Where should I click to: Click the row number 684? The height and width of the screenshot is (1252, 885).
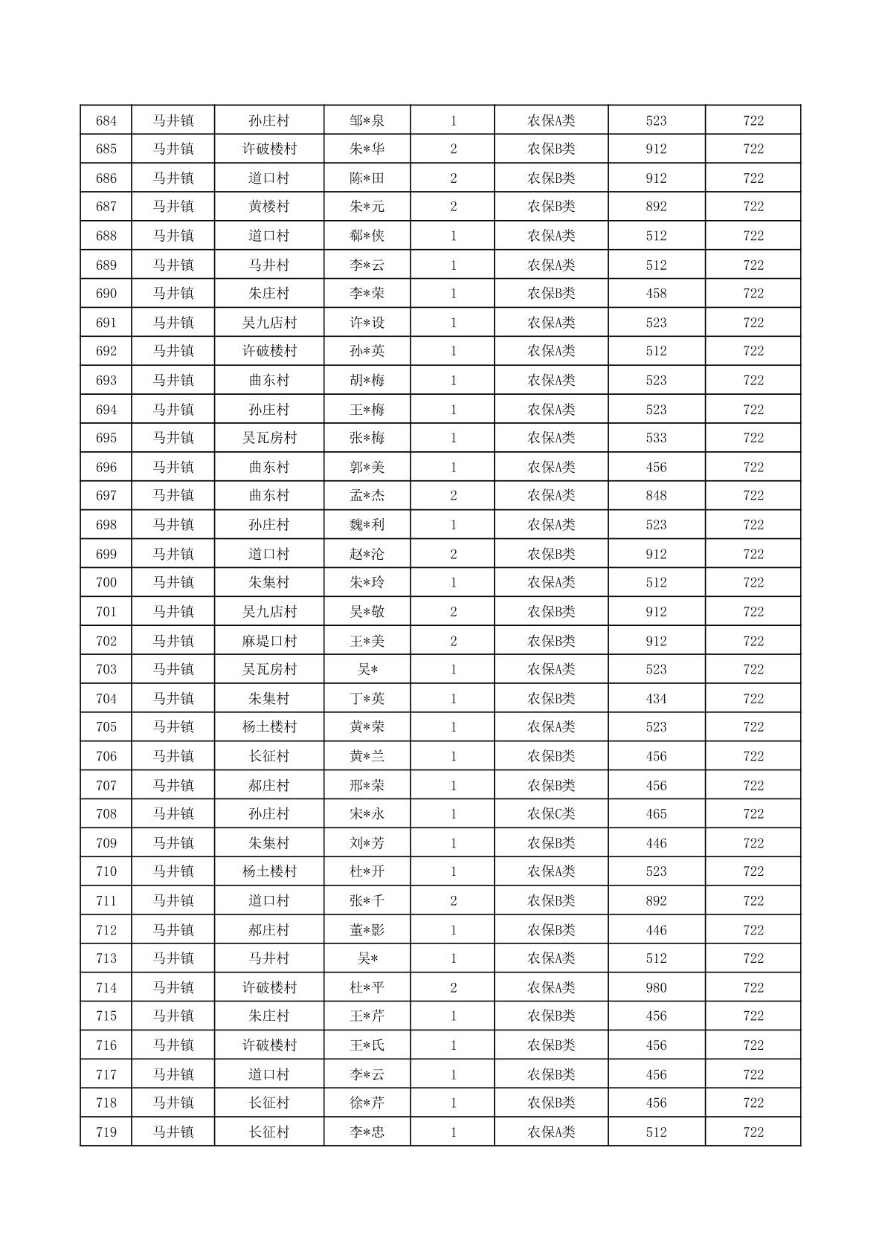[106, 120]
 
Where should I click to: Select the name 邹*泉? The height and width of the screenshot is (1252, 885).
[367, 120]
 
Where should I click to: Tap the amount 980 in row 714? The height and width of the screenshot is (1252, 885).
[656, 987]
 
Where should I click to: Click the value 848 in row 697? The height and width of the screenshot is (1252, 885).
[656, 495]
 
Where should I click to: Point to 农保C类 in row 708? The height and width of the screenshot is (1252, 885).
[551, 813]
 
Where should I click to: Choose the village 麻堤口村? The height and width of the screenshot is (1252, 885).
[269, 641]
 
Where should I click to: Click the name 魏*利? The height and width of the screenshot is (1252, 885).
[367, 524]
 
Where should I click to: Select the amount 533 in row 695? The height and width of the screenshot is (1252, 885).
[656, 438]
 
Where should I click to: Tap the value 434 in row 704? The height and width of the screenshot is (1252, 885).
[656, 698]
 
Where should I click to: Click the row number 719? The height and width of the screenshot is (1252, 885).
[106, 1132]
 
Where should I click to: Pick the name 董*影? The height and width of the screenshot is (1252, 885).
[367, 929]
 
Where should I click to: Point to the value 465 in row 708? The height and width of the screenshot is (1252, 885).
[656, 813]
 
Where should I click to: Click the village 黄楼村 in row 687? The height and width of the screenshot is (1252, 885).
[269, 207]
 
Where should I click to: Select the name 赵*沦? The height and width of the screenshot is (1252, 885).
[367, 554]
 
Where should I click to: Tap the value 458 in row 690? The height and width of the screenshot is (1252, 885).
[656, 293]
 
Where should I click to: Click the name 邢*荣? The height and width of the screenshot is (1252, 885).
[367, 785]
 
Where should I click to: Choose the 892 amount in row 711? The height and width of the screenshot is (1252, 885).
[656, 900]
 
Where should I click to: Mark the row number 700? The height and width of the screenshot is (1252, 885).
[106, 582]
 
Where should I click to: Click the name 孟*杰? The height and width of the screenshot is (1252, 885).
[367, 495]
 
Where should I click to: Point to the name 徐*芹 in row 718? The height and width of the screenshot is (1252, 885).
[367, 1103]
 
